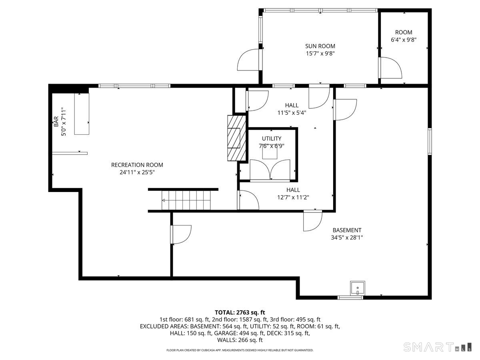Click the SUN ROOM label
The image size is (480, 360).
point(320,46)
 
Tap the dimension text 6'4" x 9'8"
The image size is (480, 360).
point(404,40)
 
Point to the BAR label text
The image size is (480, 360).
point(56,122)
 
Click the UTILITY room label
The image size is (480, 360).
point(272,138)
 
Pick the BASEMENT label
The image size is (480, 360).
point(347,230)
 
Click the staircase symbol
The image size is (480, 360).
point(186,200)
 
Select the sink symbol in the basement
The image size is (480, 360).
point(357,288)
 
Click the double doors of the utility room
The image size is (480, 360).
point(270,170)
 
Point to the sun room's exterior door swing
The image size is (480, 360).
point(249,60)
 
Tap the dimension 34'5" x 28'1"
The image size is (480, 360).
point(347,237)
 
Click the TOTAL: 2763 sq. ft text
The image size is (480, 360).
point(240,312)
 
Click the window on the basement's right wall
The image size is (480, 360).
point(430,141)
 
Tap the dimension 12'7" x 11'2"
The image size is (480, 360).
point(293,197)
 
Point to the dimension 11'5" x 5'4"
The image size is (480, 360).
point(292,112)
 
